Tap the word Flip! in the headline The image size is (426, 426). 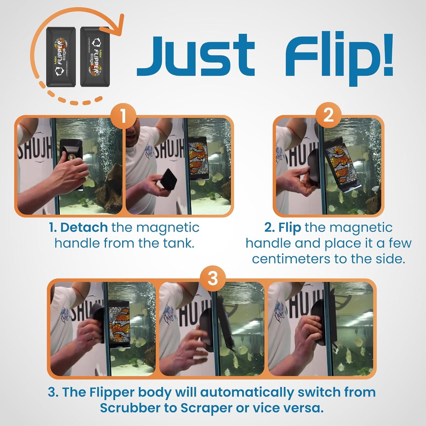339,56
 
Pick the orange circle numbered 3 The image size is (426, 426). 213,278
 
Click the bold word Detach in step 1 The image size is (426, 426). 84,228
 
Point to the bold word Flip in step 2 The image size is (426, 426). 290,228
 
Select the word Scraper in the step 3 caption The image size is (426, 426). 207,408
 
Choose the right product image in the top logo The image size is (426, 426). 95,57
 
